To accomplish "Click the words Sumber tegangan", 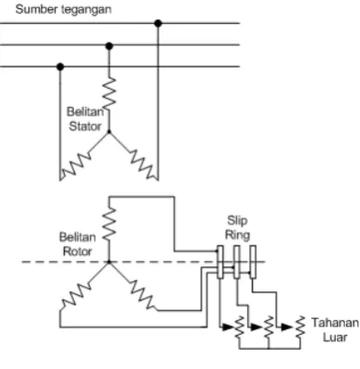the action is tap(63, 9).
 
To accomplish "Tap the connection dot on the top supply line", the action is tap(158, 23).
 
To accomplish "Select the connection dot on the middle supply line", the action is tap(109, 46).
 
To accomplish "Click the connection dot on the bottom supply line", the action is tap(60, 67).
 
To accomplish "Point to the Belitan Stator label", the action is tap(85, 119).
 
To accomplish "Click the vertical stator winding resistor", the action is tap(109, 94).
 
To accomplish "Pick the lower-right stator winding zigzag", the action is tap(143, 165).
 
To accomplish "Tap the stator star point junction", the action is tap(108, 132).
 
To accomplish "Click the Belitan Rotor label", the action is tap(77, 244).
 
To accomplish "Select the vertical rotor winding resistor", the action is tap(109, 224).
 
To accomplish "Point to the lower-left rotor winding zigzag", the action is tap(76, 294).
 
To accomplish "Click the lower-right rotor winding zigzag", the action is tap(143, 294).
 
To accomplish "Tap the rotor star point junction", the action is tap(108, 262).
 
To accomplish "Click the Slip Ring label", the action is tap(237, 228).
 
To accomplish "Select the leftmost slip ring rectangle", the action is tap(220, 262).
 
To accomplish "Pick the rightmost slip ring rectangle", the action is tap(253, 262).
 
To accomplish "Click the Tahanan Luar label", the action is tap(335, 329).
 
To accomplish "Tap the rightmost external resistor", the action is tap(300, 327).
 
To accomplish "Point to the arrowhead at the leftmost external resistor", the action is tap(228, 327).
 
